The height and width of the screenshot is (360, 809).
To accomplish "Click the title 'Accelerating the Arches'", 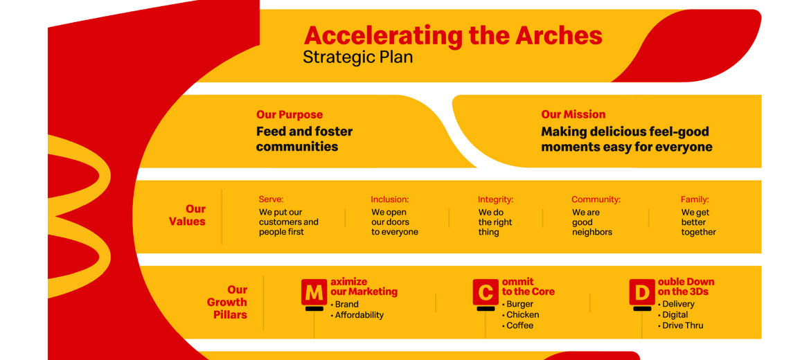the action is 453,35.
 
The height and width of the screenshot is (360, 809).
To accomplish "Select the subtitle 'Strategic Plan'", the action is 358,57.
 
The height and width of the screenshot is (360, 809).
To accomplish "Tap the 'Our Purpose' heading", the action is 290,114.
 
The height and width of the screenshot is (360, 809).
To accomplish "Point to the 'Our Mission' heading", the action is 574,114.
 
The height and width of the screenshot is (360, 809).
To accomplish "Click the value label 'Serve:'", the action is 272,199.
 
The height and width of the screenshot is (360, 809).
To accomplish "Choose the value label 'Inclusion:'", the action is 389,199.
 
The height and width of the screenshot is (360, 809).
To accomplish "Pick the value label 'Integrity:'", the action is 496,199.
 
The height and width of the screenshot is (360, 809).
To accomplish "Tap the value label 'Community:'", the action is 596,199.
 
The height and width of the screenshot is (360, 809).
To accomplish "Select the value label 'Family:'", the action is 695,199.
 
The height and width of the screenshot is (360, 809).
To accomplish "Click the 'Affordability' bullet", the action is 357,315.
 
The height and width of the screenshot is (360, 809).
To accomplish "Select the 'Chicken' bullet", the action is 521,314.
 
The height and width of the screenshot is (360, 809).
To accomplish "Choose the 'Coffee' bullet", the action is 518,325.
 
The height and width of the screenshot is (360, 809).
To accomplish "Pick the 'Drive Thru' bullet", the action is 681,325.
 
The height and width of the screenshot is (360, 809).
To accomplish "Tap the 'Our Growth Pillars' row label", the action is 227,303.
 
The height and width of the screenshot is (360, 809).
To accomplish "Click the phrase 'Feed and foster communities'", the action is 304,138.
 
